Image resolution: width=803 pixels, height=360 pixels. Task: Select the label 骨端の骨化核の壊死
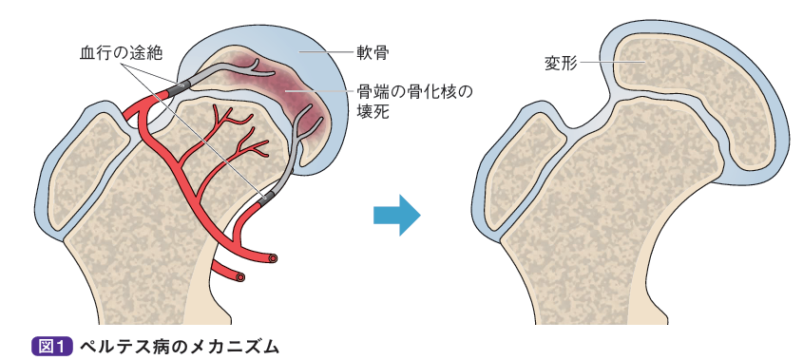pos(414,100)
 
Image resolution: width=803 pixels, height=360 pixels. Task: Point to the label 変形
pos(561,64)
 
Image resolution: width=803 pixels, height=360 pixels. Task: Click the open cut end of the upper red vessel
pos(274,257)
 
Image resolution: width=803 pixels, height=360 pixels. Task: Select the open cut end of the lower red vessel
pos(240,277)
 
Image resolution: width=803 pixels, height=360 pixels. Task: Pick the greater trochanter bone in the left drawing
pos(86,171)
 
